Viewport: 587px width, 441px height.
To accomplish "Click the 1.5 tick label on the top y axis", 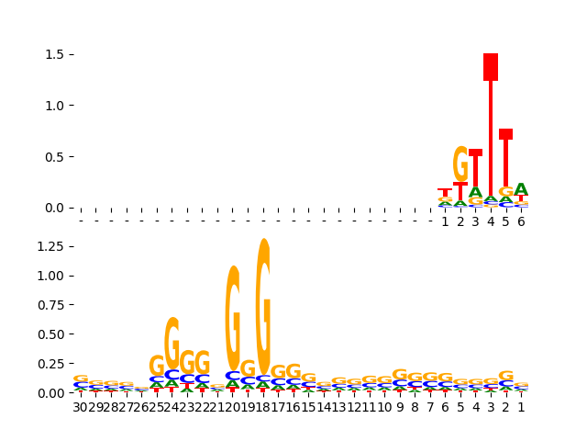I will (52, 54).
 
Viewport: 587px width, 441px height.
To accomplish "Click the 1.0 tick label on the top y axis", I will (52, 106).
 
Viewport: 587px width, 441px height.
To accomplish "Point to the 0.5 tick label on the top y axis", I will (52, 156).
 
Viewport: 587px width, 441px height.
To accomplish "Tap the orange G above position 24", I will (172, 343).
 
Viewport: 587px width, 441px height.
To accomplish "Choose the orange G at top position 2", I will (460, 164).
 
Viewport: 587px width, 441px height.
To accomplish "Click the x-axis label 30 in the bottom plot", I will (81, 407).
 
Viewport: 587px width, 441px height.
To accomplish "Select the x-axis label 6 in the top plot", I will (521, 221).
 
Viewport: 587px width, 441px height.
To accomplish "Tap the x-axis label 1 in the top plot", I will (445, 221).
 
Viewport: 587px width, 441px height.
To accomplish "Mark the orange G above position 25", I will (157, 366).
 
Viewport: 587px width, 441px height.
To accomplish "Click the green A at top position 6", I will (521, 190).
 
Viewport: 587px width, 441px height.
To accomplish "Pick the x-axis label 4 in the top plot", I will (491, 221).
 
